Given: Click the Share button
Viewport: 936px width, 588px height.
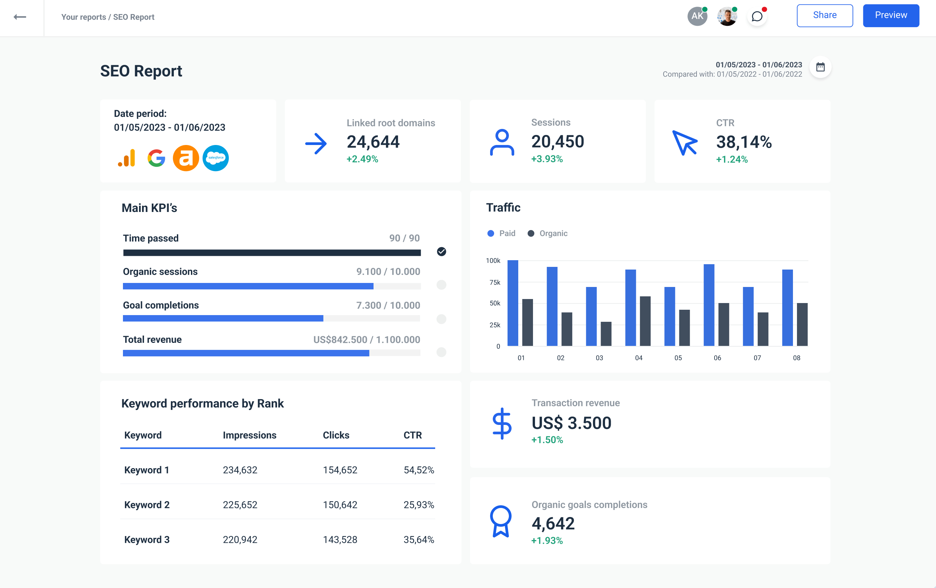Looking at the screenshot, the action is click(x=824, y=15).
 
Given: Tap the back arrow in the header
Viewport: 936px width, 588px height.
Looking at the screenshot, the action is click(x=20, y=17).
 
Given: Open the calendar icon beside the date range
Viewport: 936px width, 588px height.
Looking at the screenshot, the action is click(x=820, y=67).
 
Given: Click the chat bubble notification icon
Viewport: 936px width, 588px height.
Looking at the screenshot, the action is click(x=757, y=17).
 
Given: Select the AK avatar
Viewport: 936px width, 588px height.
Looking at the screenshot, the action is click(x=697, y=16).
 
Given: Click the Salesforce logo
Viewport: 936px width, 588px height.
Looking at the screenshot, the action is click(x=216, y=158).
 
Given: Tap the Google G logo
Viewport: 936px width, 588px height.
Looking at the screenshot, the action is click(x=156, y=158).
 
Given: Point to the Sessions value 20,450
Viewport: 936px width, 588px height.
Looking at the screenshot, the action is click(x=557, y=141).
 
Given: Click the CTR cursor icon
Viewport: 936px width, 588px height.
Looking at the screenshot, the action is click(x=685, y=143).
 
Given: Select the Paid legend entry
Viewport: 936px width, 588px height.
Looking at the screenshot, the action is click(x=502, y=233).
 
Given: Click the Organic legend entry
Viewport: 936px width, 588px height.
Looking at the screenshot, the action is click(x=547, y=233).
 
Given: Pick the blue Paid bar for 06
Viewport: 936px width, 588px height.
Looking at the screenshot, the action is click(x=709, y=305).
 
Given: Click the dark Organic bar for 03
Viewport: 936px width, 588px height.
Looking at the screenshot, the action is click(x=606, y=334).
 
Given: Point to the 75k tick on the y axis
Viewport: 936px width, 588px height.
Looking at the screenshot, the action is click(x=495, y=282).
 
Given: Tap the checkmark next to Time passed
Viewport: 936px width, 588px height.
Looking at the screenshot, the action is click(x=442, y=251).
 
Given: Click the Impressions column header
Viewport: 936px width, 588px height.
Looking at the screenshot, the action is click(x=250, y=435).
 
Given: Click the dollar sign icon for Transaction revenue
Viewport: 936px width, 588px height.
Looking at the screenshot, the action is click(x=502, y=424).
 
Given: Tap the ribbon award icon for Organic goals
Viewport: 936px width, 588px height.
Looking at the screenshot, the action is click(x=500, y=521).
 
